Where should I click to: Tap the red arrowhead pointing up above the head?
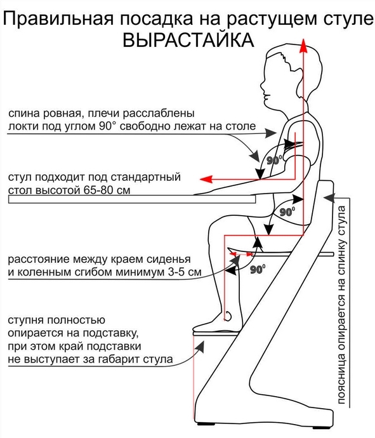[303, 46]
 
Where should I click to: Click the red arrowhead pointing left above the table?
[206, 179]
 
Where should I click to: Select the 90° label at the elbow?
[275, 160]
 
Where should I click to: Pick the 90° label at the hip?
[287, 211]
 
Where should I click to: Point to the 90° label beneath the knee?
[258, 269]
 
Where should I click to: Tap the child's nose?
[263, 85]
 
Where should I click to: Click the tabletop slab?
[132, 199]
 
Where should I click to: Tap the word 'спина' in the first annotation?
[23, 114]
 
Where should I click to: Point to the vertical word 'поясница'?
[342, 378]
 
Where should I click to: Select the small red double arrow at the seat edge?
[240, 254]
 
